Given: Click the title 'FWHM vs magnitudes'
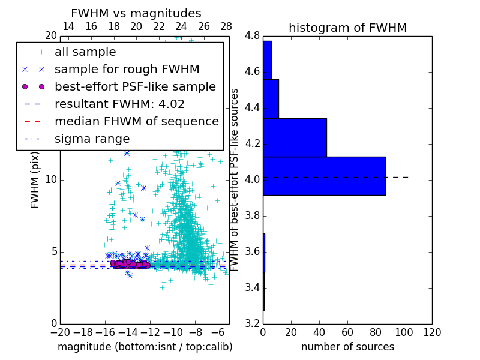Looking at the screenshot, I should click(136, 13).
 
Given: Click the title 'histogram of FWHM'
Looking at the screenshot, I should click(347, 28).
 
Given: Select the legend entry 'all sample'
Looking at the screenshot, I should click(85, 52).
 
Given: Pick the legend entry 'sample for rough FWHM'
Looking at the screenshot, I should click(127, 69).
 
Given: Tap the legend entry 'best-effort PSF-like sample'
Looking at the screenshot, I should click(135, 86).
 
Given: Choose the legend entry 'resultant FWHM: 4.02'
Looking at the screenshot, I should click(119, 104).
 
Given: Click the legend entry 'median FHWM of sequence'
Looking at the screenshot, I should click(136, 121).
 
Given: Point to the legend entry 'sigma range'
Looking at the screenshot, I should click(92, 139).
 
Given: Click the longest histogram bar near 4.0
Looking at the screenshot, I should click(324, 176).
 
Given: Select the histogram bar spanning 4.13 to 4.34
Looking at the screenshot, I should click(295, 137).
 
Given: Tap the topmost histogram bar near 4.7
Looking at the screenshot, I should click(267, 60).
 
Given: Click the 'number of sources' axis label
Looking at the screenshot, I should click(347, 347).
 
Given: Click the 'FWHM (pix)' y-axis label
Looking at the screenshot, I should click(35, 179).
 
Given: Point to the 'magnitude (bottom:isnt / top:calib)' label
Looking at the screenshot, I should click(145, 347).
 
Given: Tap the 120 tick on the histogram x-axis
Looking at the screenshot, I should click(432, 332).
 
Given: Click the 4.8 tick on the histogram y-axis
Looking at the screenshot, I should click(251, 35).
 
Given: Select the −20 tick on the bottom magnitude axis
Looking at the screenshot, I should click(60, 332).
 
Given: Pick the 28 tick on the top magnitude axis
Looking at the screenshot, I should click(226, 26).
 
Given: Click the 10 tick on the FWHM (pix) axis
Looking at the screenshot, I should click(51, 179).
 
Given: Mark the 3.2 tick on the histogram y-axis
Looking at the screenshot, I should click(251, 323).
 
